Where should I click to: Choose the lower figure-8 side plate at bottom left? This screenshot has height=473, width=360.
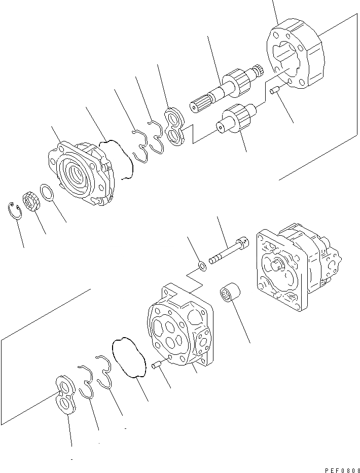click(65, 393)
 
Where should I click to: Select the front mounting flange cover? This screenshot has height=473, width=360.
click(81, 172)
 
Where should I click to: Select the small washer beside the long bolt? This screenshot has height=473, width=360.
click(201, 265)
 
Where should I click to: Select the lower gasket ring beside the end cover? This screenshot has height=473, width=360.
click(129, 358)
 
